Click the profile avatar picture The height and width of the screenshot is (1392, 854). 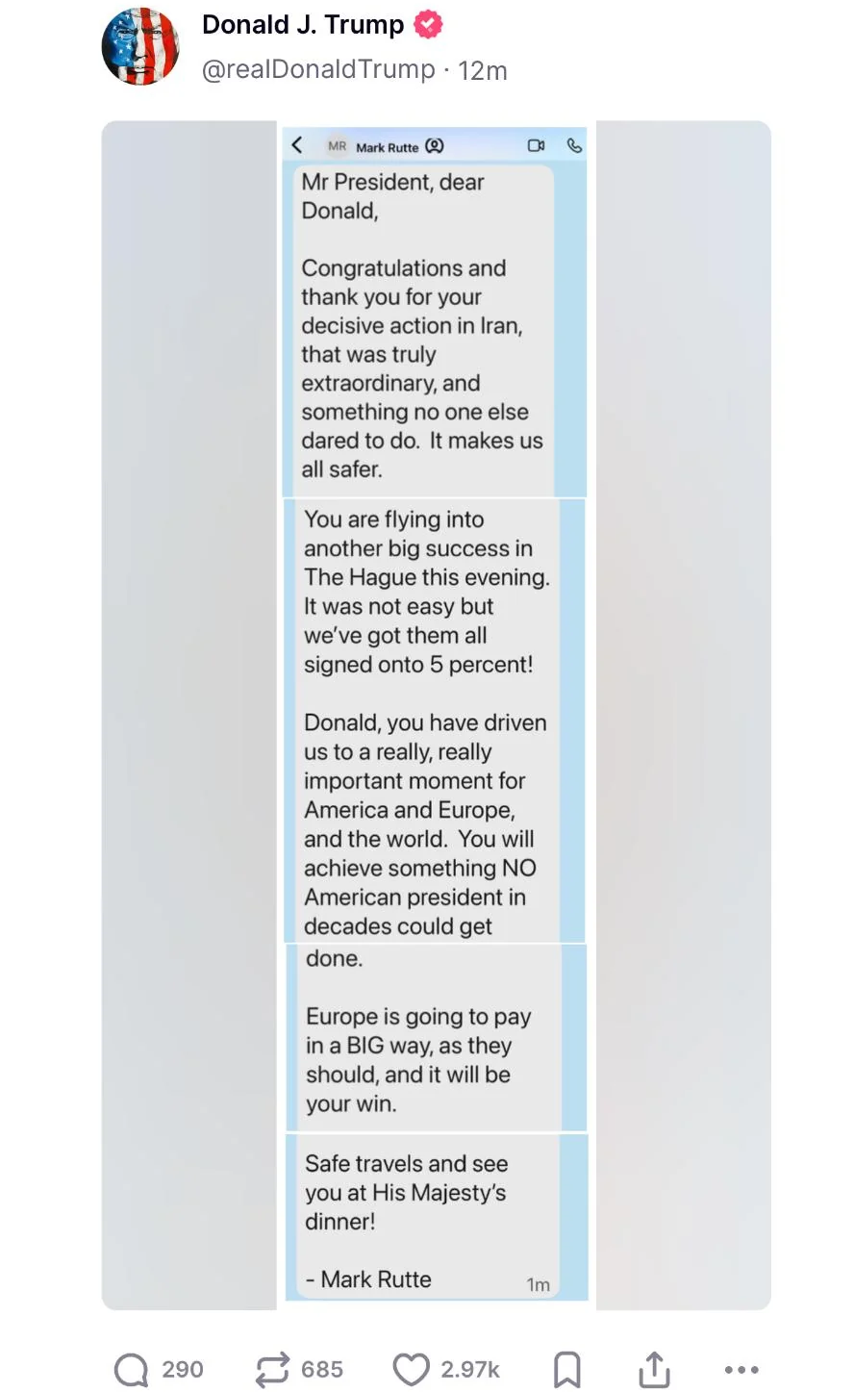[x=140, y=46]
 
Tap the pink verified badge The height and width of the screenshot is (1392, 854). [x=428, y=24]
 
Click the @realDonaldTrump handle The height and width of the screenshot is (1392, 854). [x=318, y=70]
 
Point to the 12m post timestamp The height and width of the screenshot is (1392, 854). [x=483, y=71]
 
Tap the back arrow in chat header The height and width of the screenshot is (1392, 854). [x=297, y=145]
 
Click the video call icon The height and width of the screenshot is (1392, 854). [x=537, y=146]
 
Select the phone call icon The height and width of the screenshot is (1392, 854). [x=574, y=146]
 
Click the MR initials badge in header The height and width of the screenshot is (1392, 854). [x=337, y=147]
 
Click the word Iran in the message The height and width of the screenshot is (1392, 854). [x=500, y=326]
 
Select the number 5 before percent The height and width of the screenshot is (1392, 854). [x=437, y=665]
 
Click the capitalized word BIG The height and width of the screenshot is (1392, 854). [x=365, y=1046]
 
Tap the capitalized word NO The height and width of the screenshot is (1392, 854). [x=519, y=869]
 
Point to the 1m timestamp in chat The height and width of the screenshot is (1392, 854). [x=539, y=1285]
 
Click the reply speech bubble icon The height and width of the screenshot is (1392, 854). [x=131, y=1370]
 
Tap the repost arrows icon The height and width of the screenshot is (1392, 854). [x=272, y=1370]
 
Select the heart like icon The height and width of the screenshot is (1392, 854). [x=412, y=1370]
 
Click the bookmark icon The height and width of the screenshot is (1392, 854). [x=567, y=1370]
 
